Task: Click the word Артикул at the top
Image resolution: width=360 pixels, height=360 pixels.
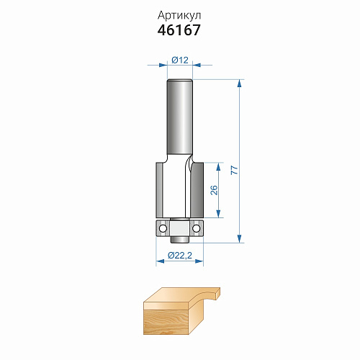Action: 179,16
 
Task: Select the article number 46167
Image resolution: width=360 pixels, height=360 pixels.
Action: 179,30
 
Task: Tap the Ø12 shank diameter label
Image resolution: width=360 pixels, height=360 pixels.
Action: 180,60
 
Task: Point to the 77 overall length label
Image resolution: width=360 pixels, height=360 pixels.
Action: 235,170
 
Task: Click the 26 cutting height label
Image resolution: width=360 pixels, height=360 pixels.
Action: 214,190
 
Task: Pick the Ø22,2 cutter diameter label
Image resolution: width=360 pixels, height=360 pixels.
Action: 180,255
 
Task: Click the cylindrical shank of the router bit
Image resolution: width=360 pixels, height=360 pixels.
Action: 180,117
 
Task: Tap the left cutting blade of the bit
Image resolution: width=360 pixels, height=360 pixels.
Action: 159,190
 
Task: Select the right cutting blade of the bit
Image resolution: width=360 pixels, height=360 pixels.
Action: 197,190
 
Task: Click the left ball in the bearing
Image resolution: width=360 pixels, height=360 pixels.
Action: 163,228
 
